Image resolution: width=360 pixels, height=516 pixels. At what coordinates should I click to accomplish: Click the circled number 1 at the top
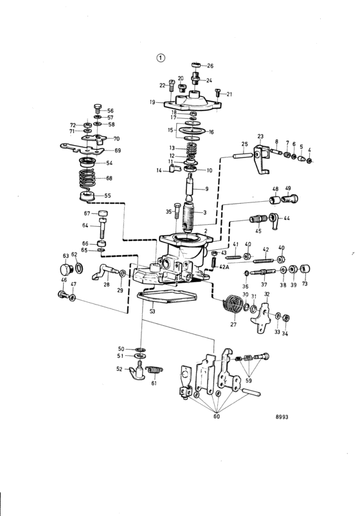coord(161,58)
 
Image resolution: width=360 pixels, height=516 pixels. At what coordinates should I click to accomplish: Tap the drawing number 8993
coord(282,417)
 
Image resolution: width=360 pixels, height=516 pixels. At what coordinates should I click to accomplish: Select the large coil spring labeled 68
coord(87,179)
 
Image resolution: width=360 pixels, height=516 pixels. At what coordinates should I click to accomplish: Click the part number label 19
coord(152,102)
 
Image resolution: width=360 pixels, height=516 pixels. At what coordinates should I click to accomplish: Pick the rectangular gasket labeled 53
coord(166,297)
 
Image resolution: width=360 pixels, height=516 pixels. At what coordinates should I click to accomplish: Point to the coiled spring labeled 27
coord(232,305)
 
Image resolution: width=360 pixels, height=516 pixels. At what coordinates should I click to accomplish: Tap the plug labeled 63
coord(65,269)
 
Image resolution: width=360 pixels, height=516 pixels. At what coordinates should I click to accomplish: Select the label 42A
coord(224,267)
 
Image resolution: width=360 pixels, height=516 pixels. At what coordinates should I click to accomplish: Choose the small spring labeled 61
coord(154,370)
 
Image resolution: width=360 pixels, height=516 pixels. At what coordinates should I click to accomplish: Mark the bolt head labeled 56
coord(98,107)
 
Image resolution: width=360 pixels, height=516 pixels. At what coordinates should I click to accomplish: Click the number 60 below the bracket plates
coord(217,416)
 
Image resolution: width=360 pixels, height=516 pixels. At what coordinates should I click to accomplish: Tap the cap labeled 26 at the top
coord(196,64)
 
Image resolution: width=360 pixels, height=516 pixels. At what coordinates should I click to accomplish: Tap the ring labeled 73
coord(305,269)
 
